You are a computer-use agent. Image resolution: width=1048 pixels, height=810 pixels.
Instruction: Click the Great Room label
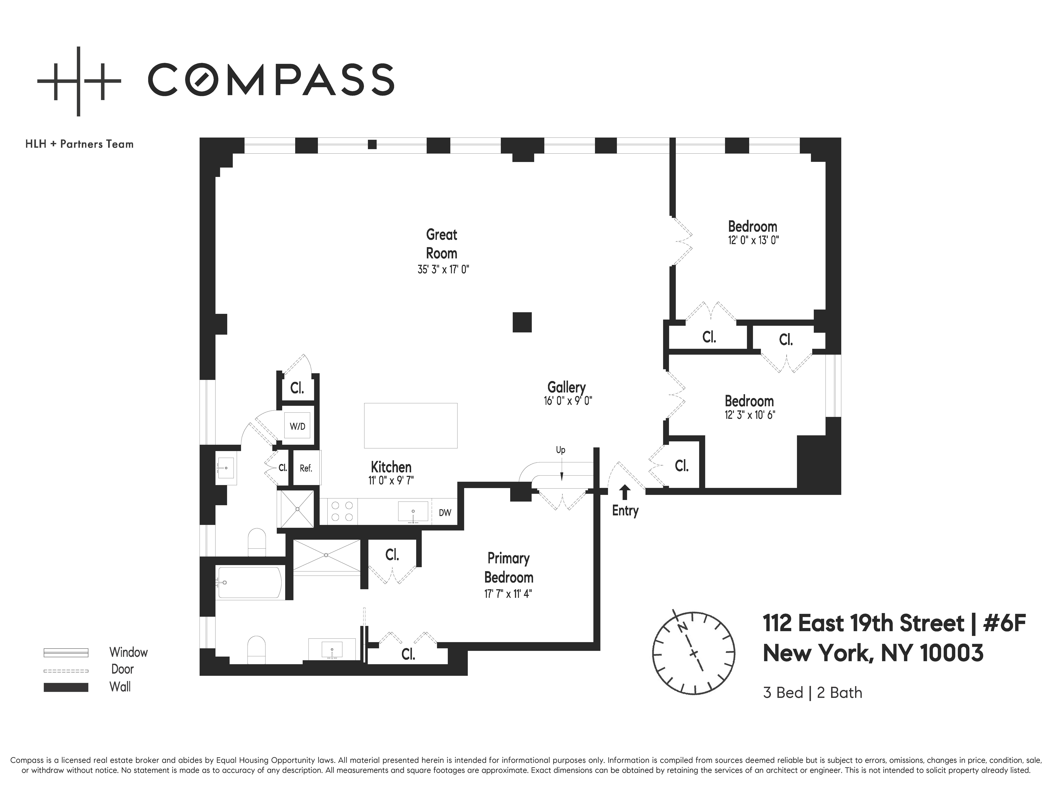(x=441, y=244)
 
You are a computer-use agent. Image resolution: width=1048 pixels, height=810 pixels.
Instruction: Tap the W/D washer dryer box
(x=298, y=426)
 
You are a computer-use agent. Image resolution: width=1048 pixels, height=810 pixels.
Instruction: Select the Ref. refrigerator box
(x=306, y=468)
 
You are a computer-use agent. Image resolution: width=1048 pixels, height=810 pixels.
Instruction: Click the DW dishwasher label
(x=445, y=513)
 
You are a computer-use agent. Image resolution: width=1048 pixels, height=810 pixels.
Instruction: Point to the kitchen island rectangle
(x=411, y=426)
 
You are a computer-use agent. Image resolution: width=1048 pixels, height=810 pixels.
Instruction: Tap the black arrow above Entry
(x=625, y=492)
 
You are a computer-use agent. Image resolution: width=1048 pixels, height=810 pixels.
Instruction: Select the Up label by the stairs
(x=561, y=450)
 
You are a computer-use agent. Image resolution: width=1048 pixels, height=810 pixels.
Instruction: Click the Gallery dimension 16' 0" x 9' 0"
(x=568, y=401)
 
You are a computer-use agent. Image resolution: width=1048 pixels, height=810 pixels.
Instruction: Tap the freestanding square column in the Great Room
(x=522, y=322)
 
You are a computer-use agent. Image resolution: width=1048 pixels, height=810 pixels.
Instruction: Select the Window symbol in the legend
(x=66, y=653)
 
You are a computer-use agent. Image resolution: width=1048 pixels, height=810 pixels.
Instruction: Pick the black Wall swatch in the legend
(x=66, y=687)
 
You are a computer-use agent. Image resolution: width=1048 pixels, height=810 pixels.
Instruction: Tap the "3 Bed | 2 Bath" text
(x=812, y=693)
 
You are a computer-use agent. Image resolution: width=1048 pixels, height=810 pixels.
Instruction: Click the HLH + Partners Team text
(x=79, y=144)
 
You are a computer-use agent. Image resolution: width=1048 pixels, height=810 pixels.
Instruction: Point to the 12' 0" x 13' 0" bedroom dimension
(x=753, y=240)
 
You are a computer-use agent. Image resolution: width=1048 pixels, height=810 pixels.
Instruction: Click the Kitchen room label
(x=391, y=467)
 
